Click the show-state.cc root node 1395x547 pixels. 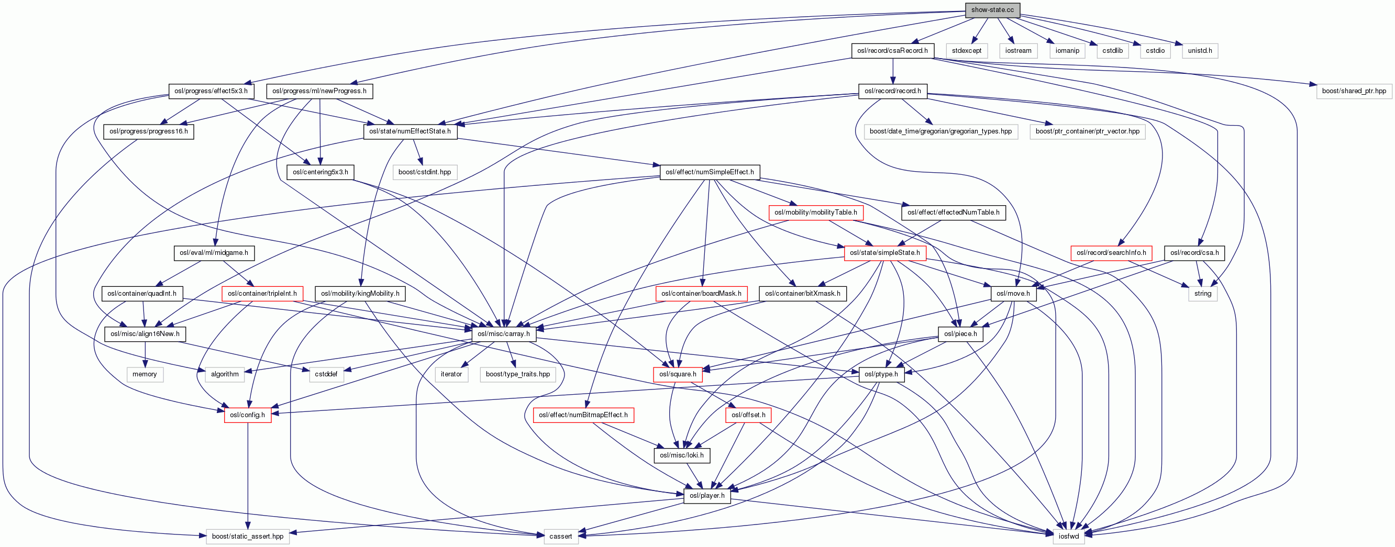coord(992,10)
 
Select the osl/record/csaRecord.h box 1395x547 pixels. coord(892,50)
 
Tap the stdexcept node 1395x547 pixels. coord(967,50)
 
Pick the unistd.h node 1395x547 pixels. coord(1200,50)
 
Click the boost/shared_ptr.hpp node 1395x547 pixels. coord(1353,91)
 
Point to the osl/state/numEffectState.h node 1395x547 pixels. coord(410,131)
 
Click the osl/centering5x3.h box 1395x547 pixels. coord(320,172)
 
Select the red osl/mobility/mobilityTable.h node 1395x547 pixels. coord(815,213)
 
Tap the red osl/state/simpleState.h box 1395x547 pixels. coord(884,253)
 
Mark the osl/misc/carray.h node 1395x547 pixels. coord(504,333)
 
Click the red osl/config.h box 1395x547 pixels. coord(248,415)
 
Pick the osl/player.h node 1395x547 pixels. coord(707,496)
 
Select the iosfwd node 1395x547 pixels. coord(1068,536)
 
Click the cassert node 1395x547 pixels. coord(560,536)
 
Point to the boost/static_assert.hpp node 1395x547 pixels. coord(248,536)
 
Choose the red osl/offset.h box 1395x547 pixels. coord(748,415)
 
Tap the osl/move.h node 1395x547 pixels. coord(1013,294)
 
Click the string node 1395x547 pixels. coord(1202,294)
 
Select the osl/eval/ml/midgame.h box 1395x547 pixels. coord(214,253)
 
